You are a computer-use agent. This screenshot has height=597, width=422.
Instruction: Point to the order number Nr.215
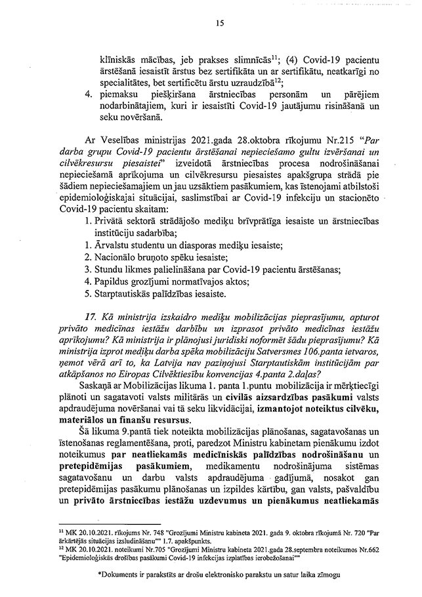[x=316, y=140]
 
